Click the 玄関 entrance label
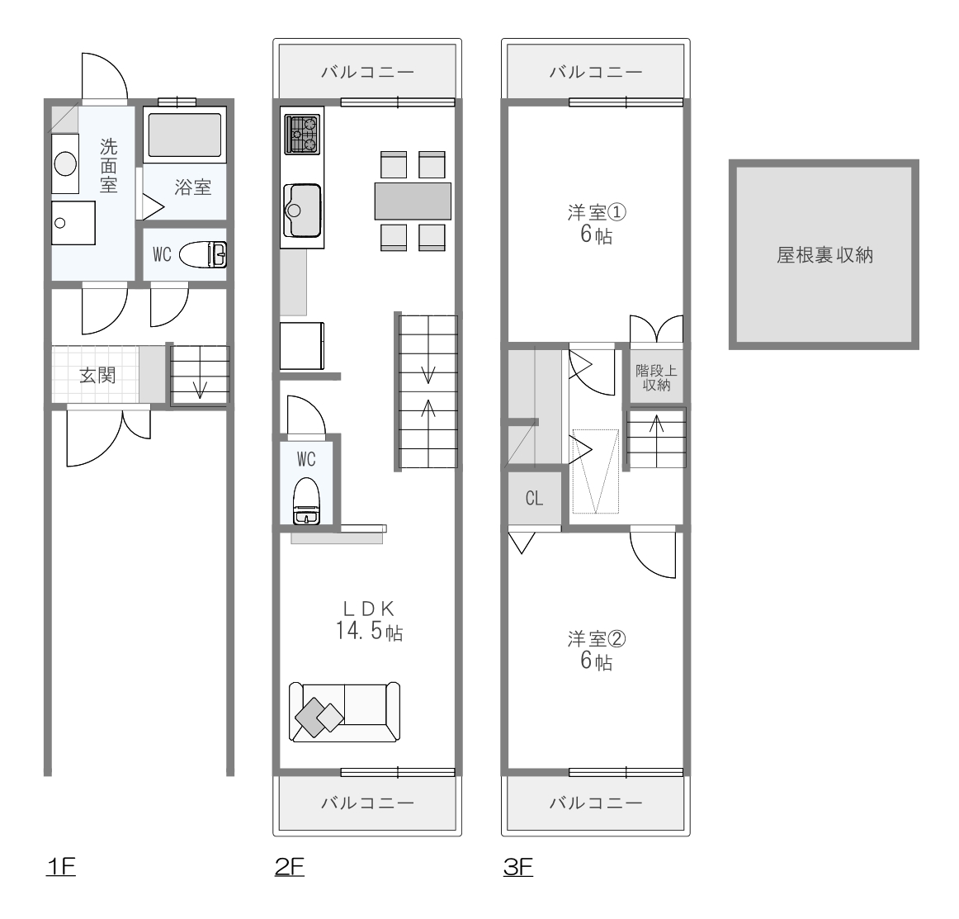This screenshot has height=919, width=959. tap(97, 375)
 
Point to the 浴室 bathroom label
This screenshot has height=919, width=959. tap(192, 187)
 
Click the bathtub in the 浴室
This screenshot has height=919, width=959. tap(185, 135)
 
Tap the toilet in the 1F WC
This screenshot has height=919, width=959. tap(203, 254)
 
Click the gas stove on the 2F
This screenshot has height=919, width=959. tap(303, 135)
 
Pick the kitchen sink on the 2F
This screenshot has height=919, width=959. tap(302, 210)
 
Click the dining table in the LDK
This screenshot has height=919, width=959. tap(413, 201)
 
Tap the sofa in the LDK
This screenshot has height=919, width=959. tap(344, 713)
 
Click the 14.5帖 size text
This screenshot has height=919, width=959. tap(369, 630)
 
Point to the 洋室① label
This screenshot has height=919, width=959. tap(597, 212)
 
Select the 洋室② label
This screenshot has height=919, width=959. tap(597, 639)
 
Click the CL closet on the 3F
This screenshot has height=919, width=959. tap(535, 498)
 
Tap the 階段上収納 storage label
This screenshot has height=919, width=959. tap(656, 377)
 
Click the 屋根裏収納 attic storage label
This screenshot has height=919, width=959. tap(824, 255)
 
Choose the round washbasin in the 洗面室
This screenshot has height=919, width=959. tap(65, 163)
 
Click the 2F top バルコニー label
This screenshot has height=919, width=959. tap(367, 72)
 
